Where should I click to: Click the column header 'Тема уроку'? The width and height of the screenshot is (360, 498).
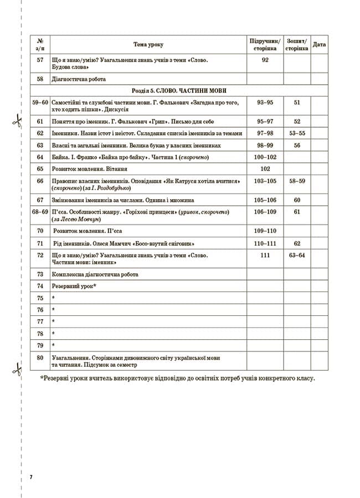click(x=148, y=45)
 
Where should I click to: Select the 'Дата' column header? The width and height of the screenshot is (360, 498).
click(x=319, y=45)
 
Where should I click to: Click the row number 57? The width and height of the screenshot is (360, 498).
click(x=40, y=60)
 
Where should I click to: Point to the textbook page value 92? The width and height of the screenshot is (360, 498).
click(x=265, y=60)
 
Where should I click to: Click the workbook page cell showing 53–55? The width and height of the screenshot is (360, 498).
click(x=297, y=133)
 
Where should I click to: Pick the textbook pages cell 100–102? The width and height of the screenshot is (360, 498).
click(x=265, y=157)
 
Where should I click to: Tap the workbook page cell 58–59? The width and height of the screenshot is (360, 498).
click(x=297, y=181)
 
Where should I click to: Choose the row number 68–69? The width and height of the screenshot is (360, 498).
click(x=40, y=212)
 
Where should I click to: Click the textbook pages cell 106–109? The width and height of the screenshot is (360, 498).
click(x=265, y=212)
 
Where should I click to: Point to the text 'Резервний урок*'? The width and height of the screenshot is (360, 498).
click(x=74, y=286)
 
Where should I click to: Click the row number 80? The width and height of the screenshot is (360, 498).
click(x=40, y=357)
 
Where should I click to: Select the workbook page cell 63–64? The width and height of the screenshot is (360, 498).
click(x=297, y=255)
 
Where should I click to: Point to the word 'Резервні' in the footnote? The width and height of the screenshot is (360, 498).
click(x=57, y=379)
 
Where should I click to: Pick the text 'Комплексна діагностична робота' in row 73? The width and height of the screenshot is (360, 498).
click(x=95, y=274)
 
